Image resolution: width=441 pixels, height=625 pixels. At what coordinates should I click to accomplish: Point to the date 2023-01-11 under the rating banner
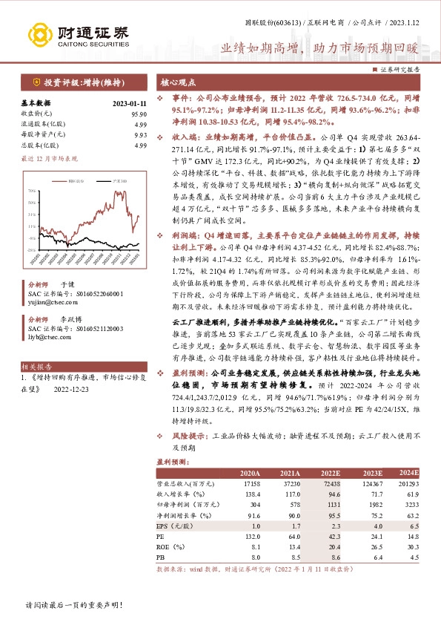pyautogui.click(x=130, y=103)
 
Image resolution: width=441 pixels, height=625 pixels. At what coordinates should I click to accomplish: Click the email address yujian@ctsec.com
pyautogui.click(x=48, y=303)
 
